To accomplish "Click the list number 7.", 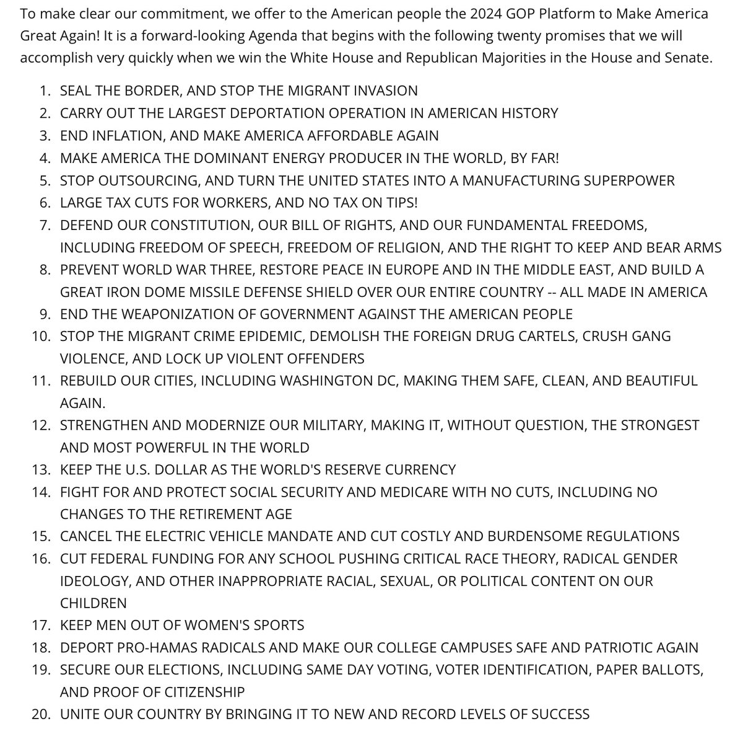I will pyautogui.click(x=45, y=225).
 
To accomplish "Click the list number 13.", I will pyautogui.click(x=41, y=469).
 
